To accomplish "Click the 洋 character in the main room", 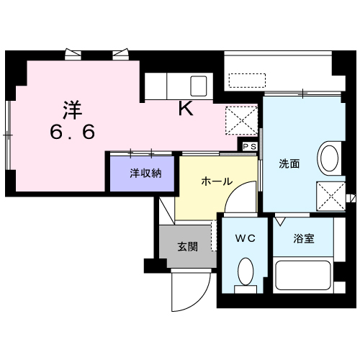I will pos(71,110).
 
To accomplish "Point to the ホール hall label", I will pos(216,181).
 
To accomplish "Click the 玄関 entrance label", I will pos(189,246).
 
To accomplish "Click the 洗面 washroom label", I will pos(289,163).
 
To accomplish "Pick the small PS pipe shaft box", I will pos(249,145).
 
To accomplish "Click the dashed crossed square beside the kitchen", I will pos(241,119).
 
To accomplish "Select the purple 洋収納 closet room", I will pos(143,175).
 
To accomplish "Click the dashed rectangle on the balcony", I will pos(246,78).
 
